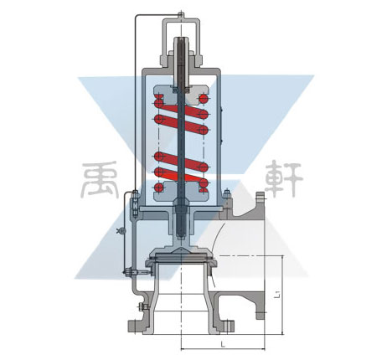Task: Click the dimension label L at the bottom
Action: pos(223,345)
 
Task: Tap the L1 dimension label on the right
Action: pos(277,294)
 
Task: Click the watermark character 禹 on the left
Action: pos(101,180)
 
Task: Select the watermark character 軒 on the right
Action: pos(283,179)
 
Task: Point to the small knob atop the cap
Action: pos(181,13)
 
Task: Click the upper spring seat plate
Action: pos(182,91)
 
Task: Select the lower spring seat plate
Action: pos(182,192)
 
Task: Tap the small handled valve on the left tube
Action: pos(121,230)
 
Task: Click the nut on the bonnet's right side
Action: pos(226,193)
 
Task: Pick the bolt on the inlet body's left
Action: pos(142,307)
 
